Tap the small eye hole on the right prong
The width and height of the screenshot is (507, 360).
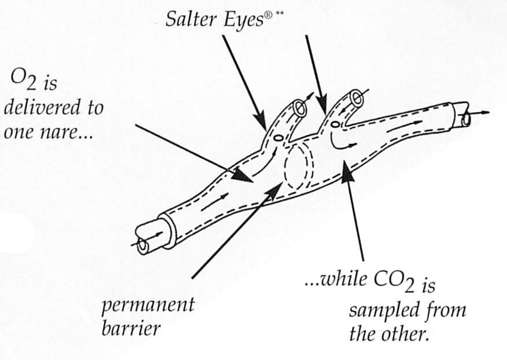point(334,124)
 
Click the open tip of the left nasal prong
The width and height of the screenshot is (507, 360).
point(300,108)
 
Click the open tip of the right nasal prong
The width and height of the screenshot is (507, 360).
point(357,97)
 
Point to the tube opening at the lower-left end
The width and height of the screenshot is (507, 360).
point(143,244)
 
